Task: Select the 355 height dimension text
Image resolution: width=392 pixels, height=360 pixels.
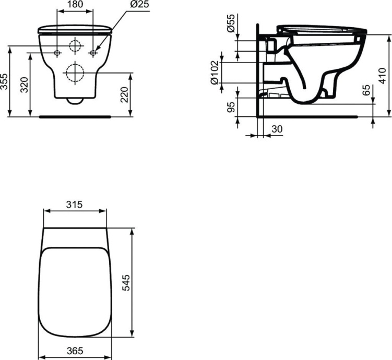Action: point(5,81)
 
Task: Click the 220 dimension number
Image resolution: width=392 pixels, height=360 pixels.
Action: point(124,94)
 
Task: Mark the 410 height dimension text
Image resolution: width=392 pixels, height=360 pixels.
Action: point(383,75)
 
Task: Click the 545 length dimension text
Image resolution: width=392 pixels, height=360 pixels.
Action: point(125,282)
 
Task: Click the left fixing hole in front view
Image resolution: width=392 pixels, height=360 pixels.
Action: point(57,53)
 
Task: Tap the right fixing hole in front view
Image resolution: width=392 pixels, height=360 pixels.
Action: point(93,53)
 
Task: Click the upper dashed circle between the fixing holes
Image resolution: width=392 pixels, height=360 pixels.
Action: point(76,46)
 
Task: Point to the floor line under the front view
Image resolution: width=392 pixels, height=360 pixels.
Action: point(76,116)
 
